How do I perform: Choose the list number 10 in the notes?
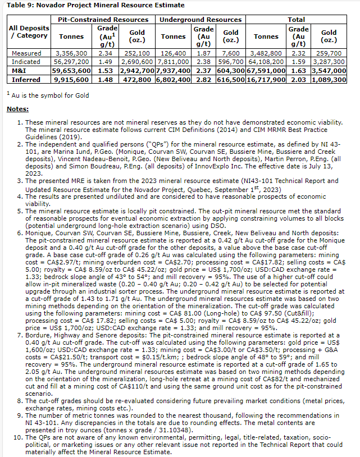(x=18, y=436)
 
